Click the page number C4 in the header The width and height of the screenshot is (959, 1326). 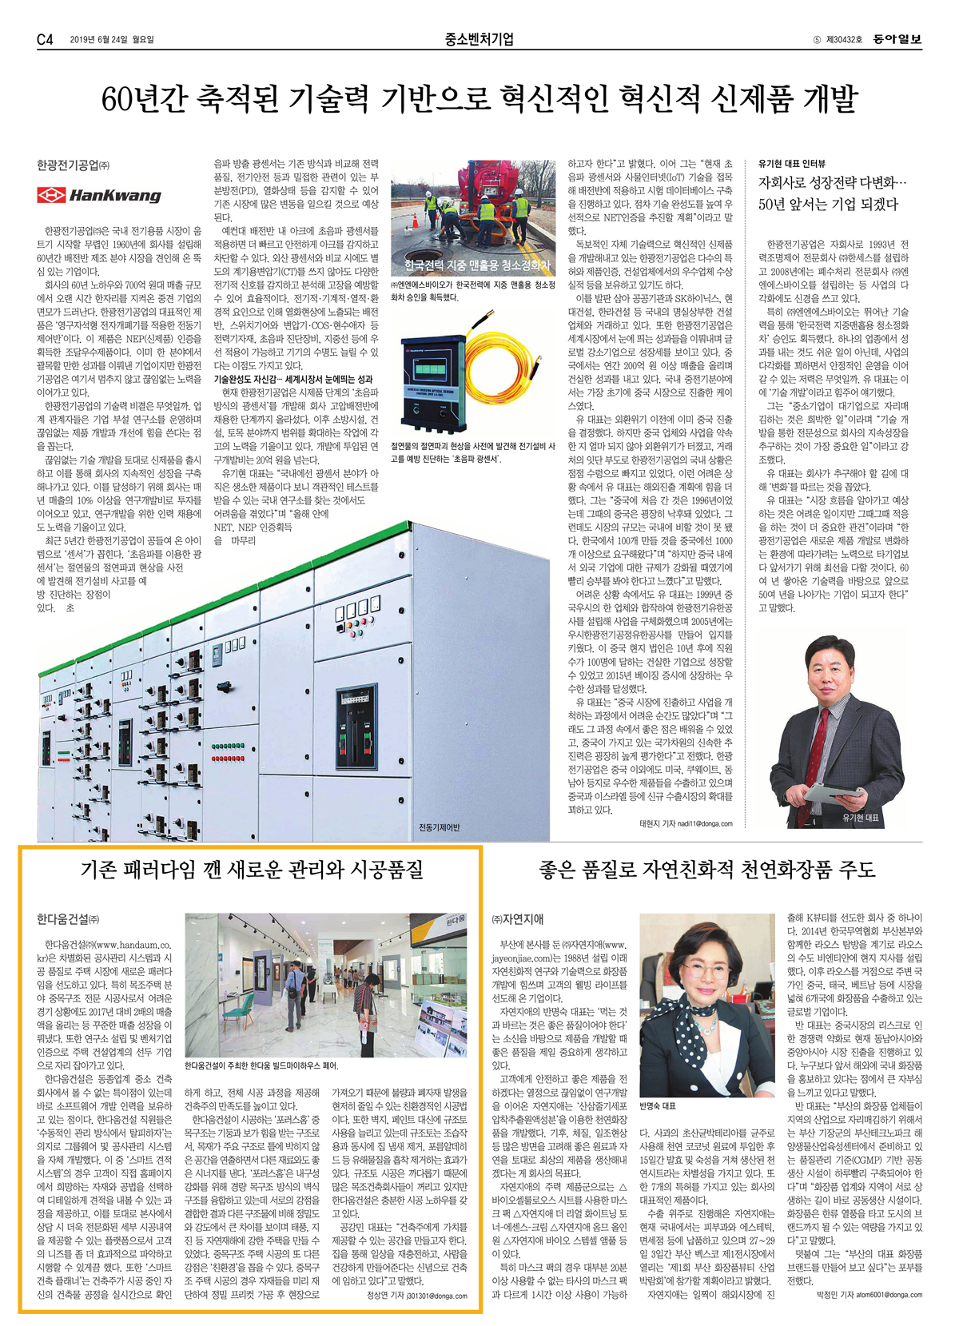45,39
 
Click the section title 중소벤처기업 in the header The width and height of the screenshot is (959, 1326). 479,39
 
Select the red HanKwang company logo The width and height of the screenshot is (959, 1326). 99,195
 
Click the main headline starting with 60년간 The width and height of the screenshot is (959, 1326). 479,99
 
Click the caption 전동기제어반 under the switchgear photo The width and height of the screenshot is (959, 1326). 440,826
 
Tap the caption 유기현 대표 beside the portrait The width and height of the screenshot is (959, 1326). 860,818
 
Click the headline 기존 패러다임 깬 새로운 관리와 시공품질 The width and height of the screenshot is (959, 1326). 252,870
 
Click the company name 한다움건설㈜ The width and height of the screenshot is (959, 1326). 68,919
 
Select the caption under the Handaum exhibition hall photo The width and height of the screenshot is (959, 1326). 261,1065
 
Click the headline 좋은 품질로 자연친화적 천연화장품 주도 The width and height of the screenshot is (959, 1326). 707,870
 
